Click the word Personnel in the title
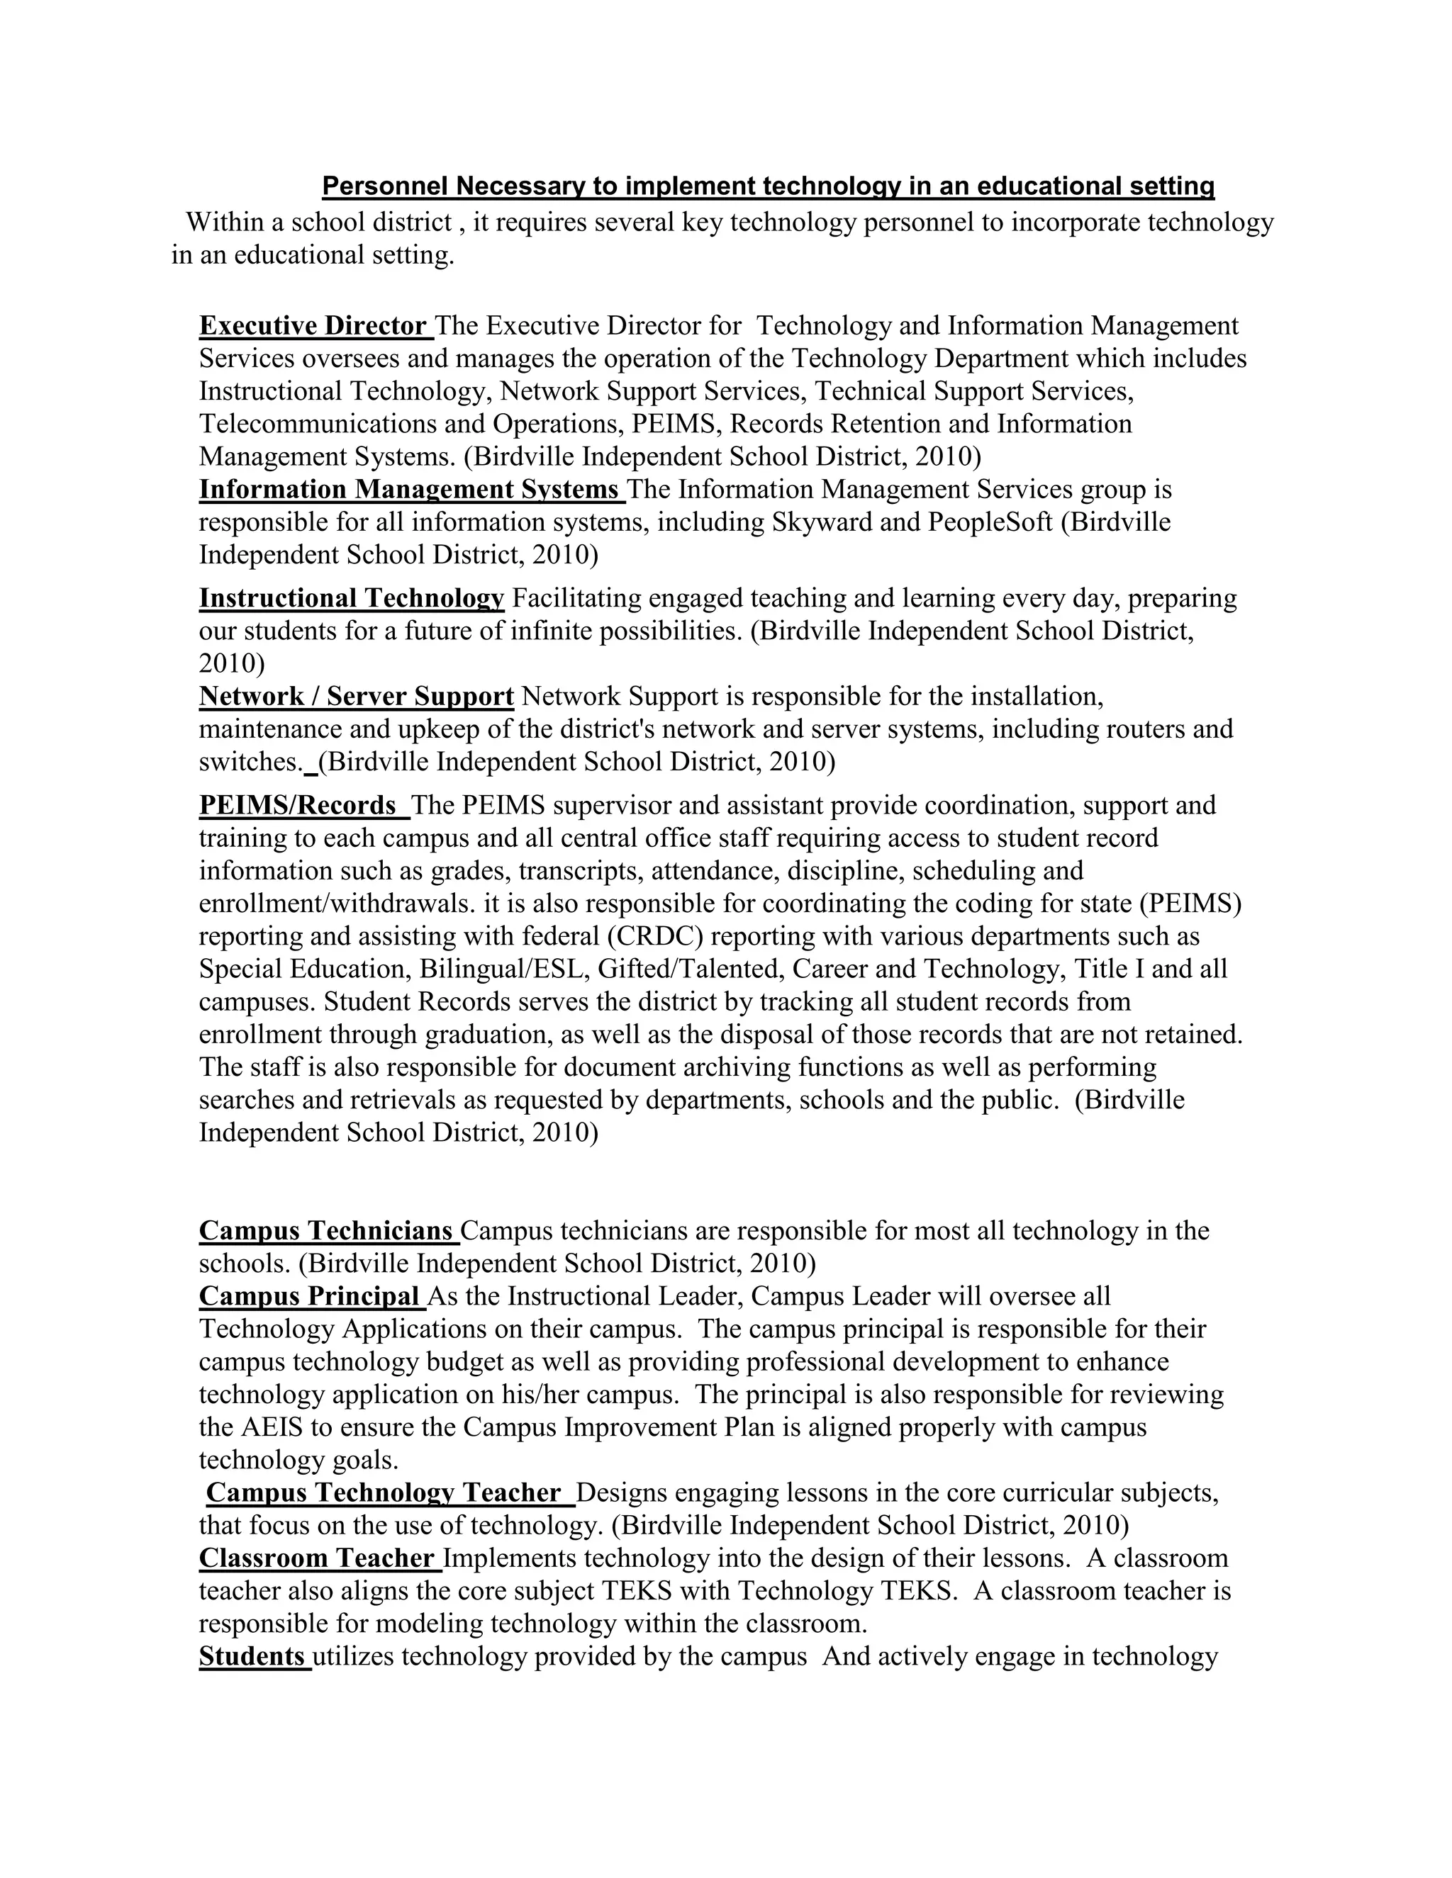(x=386, y=186)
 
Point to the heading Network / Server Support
(x=356, y=696)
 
